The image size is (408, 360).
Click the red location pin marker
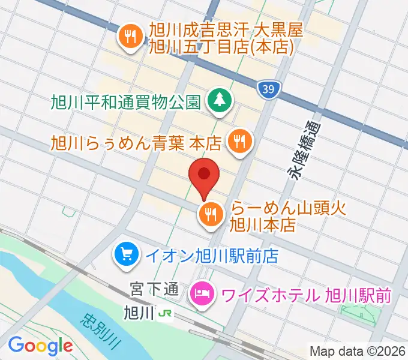point(205,175)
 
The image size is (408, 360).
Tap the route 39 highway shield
point(269,89)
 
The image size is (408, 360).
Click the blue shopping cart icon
point(127,254)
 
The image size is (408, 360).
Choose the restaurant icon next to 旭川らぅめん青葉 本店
point(240,142)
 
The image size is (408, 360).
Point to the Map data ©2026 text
point(358,350)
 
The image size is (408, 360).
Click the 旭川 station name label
point(138,313)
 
